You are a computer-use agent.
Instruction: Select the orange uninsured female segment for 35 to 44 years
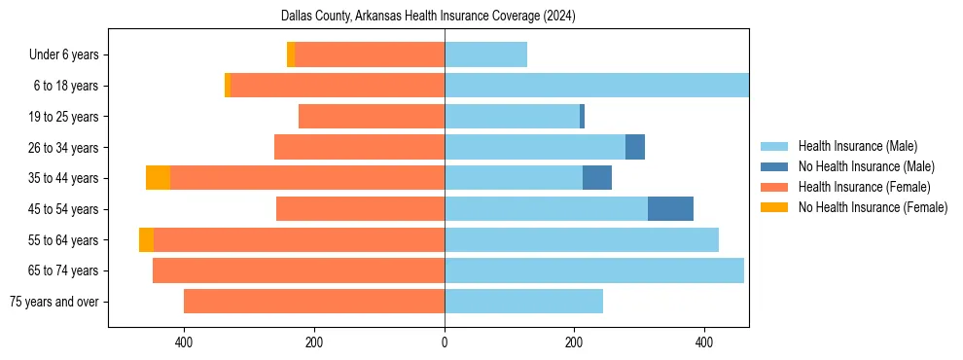pyautogui.click(x=158, y=178)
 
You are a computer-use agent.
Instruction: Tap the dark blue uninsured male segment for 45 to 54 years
pyautogui.click(x=670, y=209)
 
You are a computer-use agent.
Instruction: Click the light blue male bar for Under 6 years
pyautogui.click(x=485, y=54)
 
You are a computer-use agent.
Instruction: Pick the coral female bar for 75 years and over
pyautogui.click(x=313, y=302)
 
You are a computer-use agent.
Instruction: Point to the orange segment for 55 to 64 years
pyautogui.click(x=146, y=240)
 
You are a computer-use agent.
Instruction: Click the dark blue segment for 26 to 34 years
pyautogui.click(x=634, y=147)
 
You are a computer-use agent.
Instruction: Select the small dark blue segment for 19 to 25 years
pyautogui.click(x=582, y=117)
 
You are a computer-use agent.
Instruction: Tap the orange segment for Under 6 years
pyautogui.click(x=291, y=54)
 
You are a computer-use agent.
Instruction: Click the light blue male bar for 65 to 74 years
pyautogui.click(x=593, y=270)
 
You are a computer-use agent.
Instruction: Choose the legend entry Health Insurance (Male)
pyautogui.click(x=857, y=146)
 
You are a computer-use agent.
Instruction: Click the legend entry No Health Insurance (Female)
pyautogui.click(x=873, y=207)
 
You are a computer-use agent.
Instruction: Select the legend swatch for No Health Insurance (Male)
pyautogui.click(x=774, y=166)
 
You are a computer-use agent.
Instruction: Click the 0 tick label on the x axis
pyautogui.click(x=445, y=342)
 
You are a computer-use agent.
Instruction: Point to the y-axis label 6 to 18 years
pyautogui.click(x=65, y=86)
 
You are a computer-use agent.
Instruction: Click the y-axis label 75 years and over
pyautogui.click(x=53, y=302)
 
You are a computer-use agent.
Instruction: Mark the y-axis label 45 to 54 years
pyautogui.click(x=63, y=209)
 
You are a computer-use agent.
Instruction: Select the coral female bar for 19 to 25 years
pyautogui.click(x=371, y=117)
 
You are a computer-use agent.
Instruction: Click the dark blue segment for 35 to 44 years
pyautogui.click(x=596, y=178)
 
